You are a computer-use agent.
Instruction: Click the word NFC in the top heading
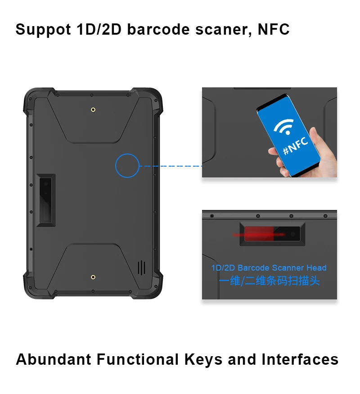click(273, 29)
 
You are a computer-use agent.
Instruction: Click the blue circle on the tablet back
click(127, 165)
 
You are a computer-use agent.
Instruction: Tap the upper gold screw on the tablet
click(93, 109)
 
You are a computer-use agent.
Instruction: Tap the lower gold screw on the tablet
click(93, 277)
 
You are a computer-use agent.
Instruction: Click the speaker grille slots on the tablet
click(142, 267)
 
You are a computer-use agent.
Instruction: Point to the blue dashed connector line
click(171, 166)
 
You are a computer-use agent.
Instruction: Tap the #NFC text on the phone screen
click(296, 146)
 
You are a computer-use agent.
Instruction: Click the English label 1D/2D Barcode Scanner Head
click(269, 268)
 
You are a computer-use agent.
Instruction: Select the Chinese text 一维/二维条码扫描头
click(269, 281)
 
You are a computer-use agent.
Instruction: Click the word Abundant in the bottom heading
click(54, 359)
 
